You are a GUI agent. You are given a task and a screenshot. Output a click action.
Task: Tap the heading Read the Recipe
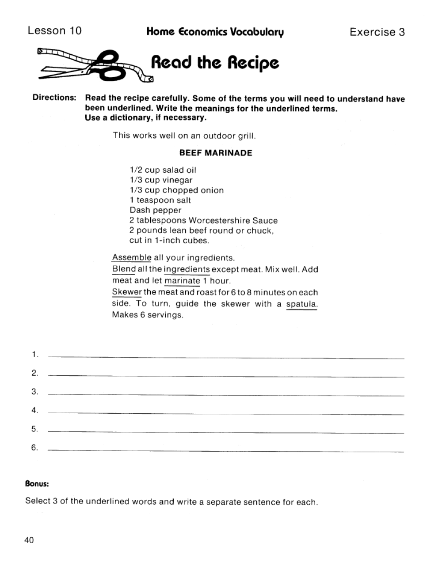215,63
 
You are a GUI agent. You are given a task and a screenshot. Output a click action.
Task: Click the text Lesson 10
54,30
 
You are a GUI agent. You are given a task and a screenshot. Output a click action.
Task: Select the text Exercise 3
377,32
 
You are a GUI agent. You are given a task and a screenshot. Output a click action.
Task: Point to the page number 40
30,540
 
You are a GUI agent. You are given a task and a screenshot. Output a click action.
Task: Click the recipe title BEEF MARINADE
216,153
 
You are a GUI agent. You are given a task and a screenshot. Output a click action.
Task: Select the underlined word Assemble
131,257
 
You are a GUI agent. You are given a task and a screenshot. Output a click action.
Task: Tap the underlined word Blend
124,269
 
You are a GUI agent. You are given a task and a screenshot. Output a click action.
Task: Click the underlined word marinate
182,280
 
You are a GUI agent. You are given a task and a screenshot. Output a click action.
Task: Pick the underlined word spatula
302,304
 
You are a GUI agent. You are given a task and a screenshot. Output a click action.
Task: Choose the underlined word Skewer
127,292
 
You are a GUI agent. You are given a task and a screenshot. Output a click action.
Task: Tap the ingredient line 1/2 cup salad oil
163,170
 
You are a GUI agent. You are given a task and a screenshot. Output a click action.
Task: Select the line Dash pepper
155,210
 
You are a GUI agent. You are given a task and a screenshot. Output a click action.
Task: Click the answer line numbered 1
225,357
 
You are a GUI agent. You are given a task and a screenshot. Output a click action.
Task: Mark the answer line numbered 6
225,451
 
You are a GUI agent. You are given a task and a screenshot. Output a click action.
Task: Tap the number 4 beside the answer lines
34,410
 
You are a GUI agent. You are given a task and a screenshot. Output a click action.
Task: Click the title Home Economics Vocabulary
215,32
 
